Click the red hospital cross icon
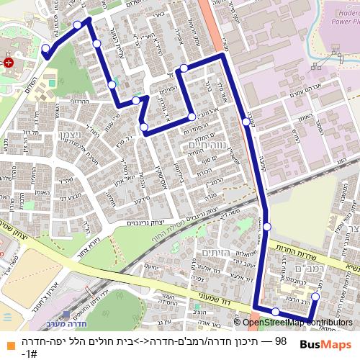[x=8, y=63]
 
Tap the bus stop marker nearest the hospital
[x=46, y=50]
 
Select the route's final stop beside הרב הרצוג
[x=315, y=297]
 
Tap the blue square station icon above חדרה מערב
[x=66, y=314]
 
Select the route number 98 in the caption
[x=281, y=341]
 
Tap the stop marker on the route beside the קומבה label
[x=246, y=122]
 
